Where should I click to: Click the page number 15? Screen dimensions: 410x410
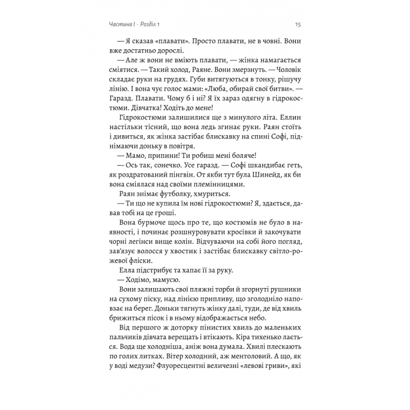click(x=297, y=24)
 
